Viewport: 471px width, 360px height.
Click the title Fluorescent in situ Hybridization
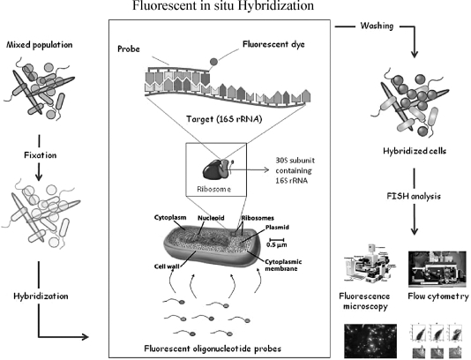point(223,5)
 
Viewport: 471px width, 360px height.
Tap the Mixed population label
point(40,45)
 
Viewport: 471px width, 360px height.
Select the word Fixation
point(41,155)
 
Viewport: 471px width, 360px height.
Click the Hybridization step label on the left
point(41,296)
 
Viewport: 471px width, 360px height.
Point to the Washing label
point(377,26)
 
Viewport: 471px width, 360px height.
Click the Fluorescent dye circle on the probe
point(213,62)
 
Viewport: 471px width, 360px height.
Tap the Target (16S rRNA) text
point(224,119)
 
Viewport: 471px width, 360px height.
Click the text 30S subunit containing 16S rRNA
point(294,170)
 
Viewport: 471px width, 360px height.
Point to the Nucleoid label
point(211,218)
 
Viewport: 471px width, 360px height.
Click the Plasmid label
point(277,227)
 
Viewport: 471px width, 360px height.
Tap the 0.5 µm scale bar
point(277,239)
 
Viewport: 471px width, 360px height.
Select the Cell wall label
point(167,266)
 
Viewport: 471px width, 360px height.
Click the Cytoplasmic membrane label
point(283,265)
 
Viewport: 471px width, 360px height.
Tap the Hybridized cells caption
point(415,151)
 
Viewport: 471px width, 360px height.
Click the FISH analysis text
point(414,196)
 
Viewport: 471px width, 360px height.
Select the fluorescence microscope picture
point(370,264)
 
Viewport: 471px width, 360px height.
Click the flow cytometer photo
point(438,269)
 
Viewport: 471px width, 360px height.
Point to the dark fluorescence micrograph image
point(370,341)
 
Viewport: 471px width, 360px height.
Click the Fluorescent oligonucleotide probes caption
point(213,349)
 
